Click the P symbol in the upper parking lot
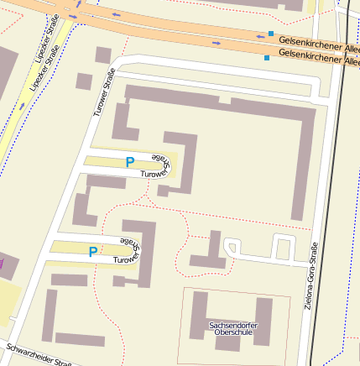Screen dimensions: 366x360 (129, 162)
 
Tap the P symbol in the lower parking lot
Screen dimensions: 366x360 (92, 251)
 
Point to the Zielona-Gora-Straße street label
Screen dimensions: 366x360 (310, 275)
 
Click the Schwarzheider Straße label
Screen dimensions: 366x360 (39, 355)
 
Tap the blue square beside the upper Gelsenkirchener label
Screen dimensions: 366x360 (271, 34)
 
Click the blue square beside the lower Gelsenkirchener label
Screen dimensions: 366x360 (267, 58)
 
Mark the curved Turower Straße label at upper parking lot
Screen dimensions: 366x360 (159, 165)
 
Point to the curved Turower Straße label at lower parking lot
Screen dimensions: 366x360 (129, 252)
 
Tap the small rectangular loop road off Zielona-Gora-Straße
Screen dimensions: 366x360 (283, 248)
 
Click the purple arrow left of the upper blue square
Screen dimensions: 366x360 (217, 42)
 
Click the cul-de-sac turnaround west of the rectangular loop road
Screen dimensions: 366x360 (231, 246)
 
